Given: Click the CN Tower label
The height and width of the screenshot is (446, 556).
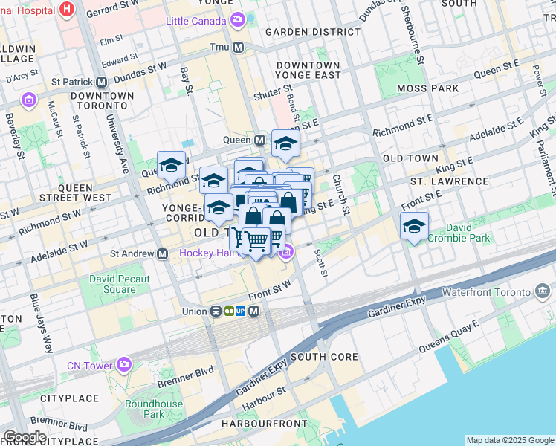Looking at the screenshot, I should (88, 364).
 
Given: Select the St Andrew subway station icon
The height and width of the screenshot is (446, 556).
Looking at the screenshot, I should (161, 253).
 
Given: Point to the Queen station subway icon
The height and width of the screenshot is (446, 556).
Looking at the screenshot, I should (260, 140).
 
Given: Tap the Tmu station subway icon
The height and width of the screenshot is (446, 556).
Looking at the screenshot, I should (239, 47).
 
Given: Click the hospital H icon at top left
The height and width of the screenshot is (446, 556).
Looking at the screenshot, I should (68, 10).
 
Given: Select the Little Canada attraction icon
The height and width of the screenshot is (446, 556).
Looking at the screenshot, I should (237, 20).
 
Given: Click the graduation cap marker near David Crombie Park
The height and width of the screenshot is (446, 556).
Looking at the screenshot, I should (414, 227).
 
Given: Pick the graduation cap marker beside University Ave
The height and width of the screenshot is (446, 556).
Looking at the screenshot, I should (171, 164).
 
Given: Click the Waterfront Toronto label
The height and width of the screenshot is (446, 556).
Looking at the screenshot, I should (489, 292).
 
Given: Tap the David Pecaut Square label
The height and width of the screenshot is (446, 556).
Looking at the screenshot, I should (120, 284).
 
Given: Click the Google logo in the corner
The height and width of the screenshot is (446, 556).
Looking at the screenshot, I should (24, 437).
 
